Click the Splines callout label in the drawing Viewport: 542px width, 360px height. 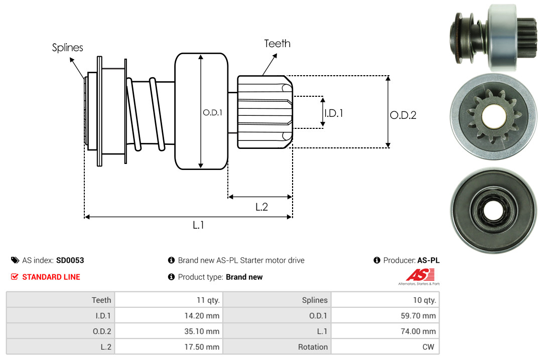tap(67, 48)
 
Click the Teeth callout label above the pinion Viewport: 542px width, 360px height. tap(277, 44)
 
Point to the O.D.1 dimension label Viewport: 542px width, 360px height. tap(212, 113)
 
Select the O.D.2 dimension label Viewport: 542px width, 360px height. tap(403, 115)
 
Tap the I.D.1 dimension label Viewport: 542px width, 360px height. tap(333, 113)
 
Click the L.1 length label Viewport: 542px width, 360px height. tap(198, 225)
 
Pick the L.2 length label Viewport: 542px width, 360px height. tap(261, 207)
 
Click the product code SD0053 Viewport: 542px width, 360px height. tap(70, 260)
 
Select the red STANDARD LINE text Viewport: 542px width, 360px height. tap(51, 277)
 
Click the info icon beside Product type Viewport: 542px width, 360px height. tap(171, 277)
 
